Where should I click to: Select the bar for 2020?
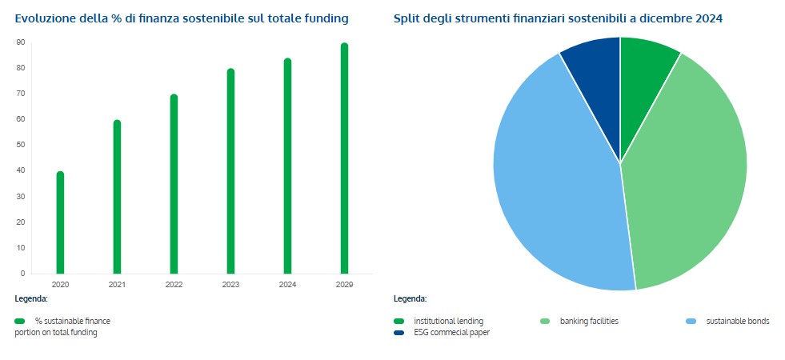[x=60, y=223]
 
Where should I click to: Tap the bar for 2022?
[x=174, y=185]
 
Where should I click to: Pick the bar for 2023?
[x=230, y=172]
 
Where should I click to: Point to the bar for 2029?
[x=344, y=159]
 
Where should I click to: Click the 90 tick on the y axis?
[x=21, y=42]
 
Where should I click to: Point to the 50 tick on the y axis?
[x=21, y=145]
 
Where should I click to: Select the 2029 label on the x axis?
[x=344, y=285]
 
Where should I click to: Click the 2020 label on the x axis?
[x=60, y=285]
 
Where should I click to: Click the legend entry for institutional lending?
[x=448, y=322]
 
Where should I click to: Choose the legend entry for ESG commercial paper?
[x=451, y=333]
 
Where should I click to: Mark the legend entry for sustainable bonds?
[x=737, y=322]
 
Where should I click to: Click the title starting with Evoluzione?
[x=182, y=18]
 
